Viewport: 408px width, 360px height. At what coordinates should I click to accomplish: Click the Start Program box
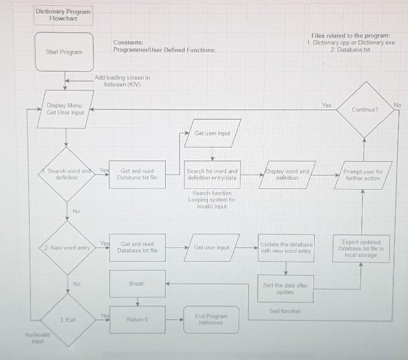click(x=64, y=51)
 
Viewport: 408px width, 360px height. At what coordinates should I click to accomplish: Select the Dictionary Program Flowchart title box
click(x=63, y=15)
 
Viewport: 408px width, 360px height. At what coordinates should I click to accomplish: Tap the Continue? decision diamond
click(x=365, y=110)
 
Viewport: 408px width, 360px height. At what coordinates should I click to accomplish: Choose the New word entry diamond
click(x=66, y=248)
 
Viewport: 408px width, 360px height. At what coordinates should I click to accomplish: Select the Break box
click(x=137, y=284)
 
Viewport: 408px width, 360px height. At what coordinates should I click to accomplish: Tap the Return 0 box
click(x=137, y=319)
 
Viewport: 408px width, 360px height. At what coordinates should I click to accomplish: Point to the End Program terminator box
click(x=211, y=319)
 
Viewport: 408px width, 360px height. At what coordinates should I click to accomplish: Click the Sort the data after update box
click(x=286, y=288)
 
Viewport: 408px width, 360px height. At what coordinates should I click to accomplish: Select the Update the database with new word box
click(x=286, y=248)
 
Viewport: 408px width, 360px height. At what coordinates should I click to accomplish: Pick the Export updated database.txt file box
click(x=363, y=248)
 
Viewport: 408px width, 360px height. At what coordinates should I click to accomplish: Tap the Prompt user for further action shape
click(x=363, y=174)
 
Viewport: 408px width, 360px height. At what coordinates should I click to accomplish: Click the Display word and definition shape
click(x=286, y=174)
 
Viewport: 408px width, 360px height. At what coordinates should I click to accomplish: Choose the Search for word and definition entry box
click(x=212, y=174)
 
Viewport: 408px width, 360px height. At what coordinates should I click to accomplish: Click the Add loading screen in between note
click(x=122, y=81)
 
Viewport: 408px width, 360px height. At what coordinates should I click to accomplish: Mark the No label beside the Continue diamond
click(x=397, y=104)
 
